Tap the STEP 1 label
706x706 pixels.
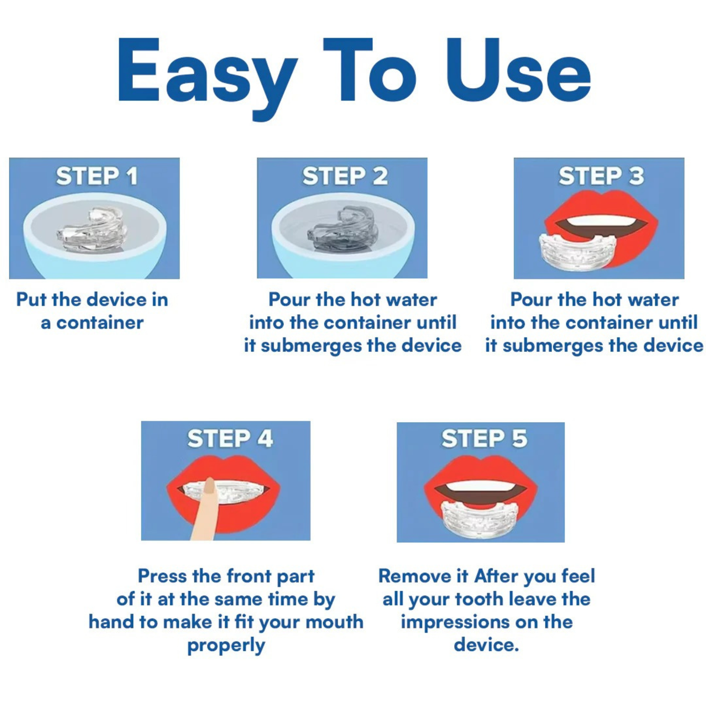[97, 176]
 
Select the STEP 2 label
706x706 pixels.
[345, 176]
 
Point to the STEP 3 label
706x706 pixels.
[601, 176]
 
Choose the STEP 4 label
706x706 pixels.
[230, 439]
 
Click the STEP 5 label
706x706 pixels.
[484, 439]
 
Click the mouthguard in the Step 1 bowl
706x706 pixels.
[93, 230]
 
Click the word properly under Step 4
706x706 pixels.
[226, 645]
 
